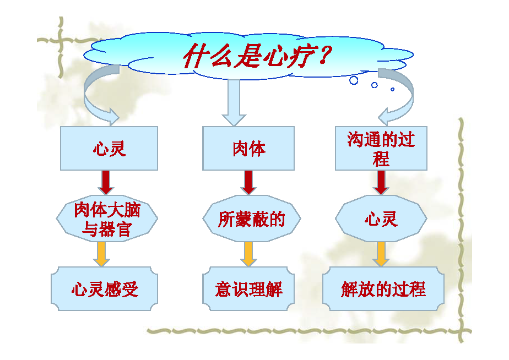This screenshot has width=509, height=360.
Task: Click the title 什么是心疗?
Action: (257, 56)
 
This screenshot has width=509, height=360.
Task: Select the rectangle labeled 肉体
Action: (248, 148)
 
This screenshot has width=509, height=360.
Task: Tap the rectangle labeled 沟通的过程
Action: (381, 148)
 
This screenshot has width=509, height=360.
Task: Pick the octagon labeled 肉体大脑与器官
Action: (107, 219)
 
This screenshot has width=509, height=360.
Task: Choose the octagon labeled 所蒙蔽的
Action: (252, 219)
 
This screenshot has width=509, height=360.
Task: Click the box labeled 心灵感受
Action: (104, 288)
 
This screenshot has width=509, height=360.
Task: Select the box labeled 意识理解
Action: (248, 288)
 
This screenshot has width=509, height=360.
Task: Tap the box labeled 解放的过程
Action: (383, 288)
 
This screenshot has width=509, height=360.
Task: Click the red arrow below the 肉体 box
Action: (248, 183)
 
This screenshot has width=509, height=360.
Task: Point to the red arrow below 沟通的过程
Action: (381, 183)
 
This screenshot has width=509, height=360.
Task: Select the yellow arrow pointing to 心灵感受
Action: (101, 254)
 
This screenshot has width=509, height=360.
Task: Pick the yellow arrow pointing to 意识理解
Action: (248, 254)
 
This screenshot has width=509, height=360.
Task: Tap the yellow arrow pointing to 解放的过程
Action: (381, 254)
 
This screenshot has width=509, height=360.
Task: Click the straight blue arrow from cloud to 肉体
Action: (234, 103)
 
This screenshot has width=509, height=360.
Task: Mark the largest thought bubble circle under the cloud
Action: (354, 80)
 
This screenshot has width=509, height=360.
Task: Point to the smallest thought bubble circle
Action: (392, 89)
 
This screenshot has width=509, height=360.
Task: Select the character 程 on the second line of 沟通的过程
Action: (381, 159)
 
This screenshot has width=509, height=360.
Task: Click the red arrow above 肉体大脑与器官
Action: (106, 183)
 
